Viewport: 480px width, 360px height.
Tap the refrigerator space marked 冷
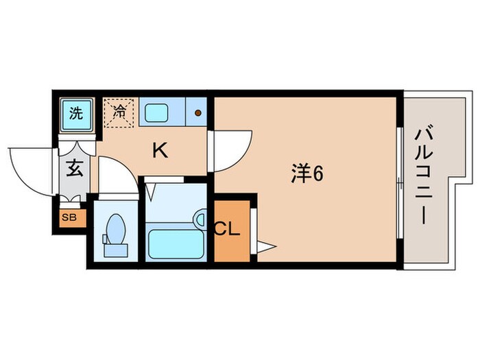coord(119,111)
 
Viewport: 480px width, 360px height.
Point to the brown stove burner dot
coord(197,113)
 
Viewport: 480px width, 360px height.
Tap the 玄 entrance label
coord(73,169)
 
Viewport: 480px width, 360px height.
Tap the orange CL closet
coord(228,230)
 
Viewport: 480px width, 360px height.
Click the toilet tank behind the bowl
coord(105,239)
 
